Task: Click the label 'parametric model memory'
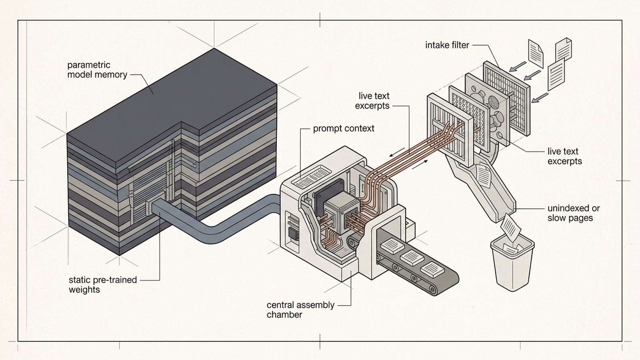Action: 97,70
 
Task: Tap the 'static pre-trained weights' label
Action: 103,284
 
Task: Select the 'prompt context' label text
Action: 344,128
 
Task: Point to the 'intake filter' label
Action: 447,45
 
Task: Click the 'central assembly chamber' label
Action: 300,310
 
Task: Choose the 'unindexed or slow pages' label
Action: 574,213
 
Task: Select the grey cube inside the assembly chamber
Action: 342,213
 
